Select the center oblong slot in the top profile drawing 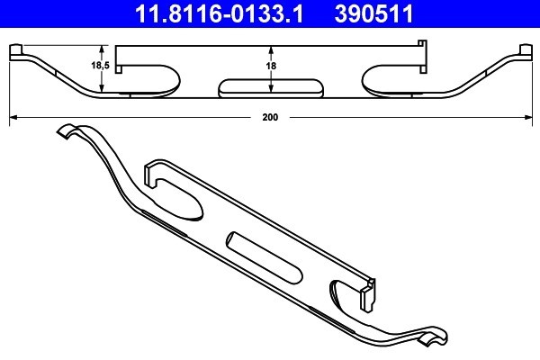click(270, 86)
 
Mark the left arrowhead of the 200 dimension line click(13, 117)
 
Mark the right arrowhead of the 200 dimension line click(527, 117)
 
